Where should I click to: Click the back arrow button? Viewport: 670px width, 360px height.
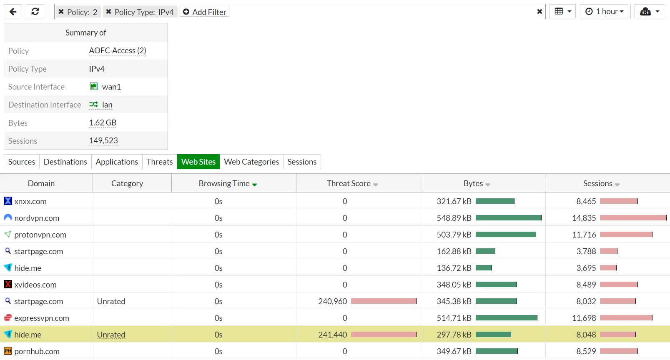[x=13, y=12]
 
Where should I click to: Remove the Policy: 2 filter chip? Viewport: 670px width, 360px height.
[x=61, y=12]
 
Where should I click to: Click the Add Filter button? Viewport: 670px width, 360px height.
[x=204, y=12]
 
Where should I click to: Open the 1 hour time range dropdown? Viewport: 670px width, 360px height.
[x=604, y=12]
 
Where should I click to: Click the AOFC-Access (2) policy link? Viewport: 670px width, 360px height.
[x=118, y=50]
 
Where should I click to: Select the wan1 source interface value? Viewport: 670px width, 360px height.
[x=111, y=87]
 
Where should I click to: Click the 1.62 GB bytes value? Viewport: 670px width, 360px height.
[x=103, y=122]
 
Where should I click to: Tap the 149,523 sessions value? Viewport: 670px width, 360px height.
[x=103, y=140]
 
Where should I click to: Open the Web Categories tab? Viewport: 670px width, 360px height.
[x=251, y=162]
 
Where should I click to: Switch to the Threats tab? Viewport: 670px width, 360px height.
[x=159, y=162]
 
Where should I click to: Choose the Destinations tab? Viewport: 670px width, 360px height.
[x=65, y=162]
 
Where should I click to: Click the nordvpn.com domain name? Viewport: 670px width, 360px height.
[x=37, y=218]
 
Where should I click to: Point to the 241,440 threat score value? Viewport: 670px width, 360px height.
[x=333, y=335]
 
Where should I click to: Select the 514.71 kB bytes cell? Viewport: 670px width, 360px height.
[x=454, y=318]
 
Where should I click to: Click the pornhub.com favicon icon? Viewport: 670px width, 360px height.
[x=8, y=351]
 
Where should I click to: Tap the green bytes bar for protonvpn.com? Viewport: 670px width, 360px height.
[x=506, y=235]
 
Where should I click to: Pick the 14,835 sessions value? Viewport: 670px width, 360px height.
[x=584, y=218]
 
